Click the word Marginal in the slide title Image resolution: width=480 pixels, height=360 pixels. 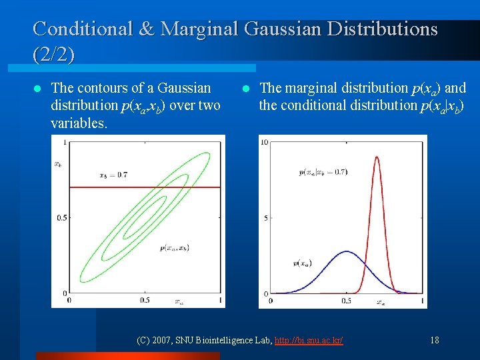(198, 29)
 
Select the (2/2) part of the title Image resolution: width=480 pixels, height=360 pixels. (53, 53)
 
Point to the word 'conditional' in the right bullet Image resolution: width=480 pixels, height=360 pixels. (313, 105)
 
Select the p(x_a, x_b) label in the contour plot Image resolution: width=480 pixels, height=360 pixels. (174, 247)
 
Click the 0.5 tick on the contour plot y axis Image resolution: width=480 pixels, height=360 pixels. (61, 218)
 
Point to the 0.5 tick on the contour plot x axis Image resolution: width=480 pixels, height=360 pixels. (145, 300)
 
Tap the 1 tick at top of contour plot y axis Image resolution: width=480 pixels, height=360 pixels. (63, 142)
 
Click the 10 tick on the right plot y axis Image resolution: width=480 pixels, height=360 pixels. (264, 142)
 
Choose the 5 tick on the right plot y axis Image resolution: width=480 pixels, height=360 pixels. (266, 218)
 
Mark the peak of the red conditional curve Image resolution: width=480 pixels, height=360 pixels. (377, 157)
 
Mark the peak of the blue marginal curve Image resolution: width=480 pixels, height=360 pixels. (346, 251)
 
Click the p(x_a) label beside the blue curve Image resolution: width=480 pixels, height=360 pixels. (304, 263)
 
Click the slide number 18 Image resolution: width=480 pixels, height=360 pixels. (435, 340)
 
